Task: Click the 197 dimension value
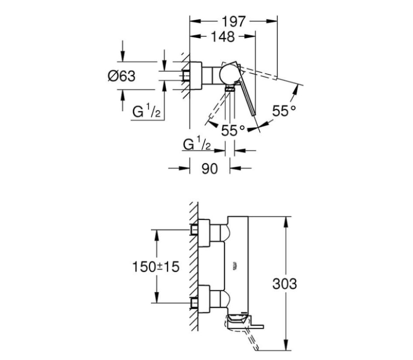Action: pyautogui.click(x=234, y=21)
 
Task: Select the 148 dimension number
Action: pyautogui.click(x=223, y=36)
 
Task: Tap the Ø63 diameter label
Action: pyautogui.click(x=122, y=76)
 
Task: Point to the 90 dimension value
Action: pyautogui.click(x=210, y=168)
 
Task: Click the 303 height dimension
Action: pyautogui.click(x=285, y=284)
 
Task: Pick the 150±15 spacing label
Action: pyautogui.click(x=155, y=267)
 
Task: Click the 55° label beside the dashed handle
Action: pyautogui.click(x=284, y=111)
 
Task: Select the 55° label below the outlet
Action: pyautogui.click(x=233, y=130)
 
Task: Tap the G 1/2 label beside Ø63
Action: pyautogui.click(x=146, y=111)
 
